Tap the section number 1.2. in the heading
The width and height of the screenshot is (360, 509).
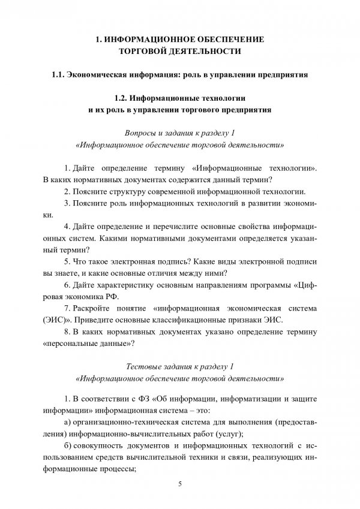pos(123,98)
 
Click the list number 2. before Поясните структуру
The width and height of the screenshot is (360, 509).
pos(66,192)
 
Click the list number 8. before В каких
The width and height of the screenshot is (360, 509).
pos(66,332)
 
